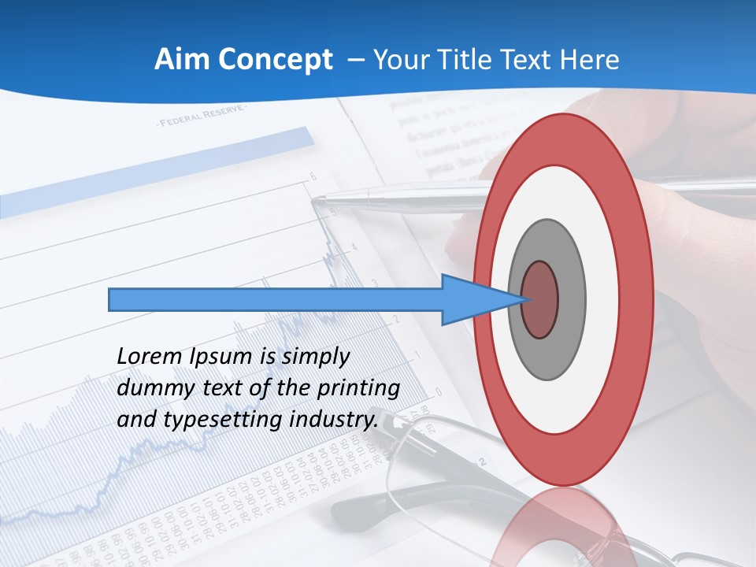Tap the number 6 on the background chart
pyautogui.click(x=313, y=177)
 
